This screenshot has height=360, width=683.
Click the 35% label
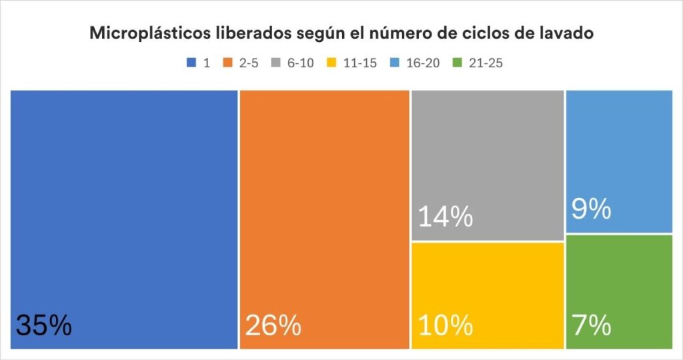[43, 325]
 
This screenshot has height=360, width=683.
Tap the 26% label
[273, 325]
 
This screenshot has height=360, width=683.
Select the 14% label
[446, 217]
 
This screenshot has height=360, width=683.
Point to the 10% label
[446, 325]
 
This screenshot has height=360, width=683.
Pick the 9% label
[592, 210]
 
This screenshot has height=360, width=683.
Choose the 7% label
[592, 325]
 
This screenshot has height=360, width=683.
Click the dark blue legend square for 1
[191, 63]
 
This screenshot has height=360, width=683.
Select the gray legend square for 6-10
[275, 63]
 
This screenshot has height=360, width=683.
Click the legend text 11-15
[359, 63]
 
